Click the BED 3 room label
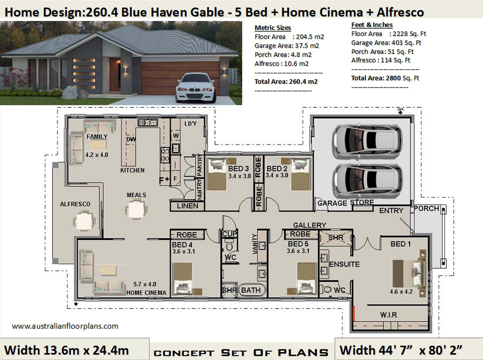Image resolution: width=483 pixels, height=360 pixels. point(238,169)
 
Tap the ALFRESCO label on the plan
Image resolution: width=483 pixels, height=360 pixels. point(75,204)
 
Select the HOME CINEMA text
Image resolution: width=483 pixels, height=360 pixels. point(146,293)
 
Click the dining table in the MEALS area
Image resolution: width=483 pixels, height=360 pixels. point(136,209)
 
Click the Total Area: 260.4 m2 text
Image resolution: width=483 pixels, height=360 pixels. point(286,81)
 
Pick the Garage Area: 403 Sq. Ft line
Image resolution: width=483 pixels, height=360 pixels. point(386,43)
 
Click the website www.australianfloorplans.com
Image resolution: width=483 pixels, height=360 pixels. point(65,326)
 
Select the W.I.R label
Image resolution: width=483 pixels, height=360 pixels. point(388,315)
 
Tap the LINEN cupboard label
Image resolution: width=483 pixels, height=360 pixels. point(187,206)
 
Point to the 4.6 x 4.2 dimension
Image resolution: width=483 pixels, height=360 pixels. point(401,292)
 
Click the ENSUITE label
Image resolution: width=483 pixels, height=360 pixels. point(344,264)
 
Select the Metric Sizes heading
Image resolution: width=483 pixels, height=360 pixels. point(273,28)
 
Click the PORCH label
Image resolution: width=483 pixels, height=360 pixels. point(426,208)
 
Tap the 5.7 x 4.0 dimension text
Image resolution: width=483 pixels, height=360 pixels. point(145,284)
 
